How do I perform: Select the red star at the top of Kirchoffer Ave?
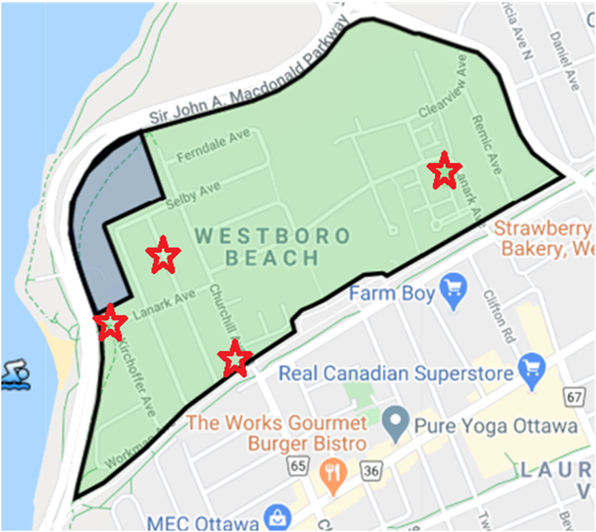click(x=110, y=323)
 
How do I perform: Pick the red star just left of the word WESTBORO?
click(x=163, y=255)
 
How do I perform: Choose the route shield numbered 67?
click(x=574, y=396)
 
